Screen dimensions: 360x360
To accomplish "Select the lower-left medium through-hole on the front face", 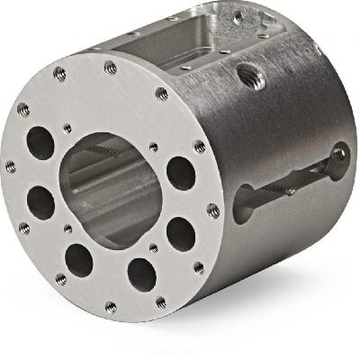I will click(79, 260).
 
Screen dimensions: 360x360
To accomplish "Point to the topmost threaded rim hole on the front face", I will click(111, 67).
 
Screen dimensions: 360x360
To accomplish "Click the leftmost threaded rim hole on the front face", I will click(11, 166).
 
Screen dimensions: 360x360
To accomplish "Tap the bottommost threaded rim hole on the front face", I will click(111, 307).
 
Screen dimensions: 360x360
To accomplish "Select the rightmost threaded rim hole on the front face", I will click(213, 211).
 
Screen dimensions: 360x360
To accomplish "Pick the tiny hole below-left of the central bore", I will click(68, 229).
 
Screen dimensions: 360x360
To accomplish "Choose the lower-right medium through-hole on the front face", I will click(180, 233).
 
